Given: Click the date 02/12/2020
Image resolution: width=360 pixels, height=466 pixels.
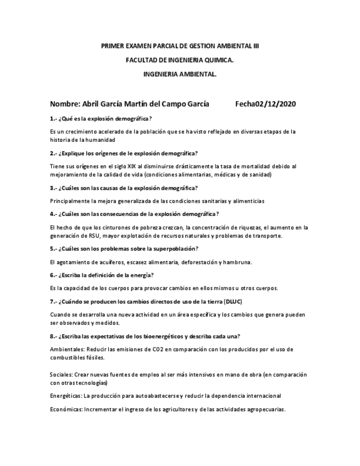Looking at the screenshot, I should click(276, 104).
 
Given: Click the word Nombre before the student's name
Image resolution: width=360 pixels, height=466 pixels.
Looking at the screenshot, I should click(64, 104).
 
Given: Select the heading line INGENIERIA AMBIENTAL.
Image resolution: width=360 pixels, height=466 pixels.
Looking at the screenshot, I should click(180, 73).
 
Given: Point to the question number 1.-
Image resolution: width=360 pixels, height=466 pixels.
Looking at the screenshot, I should click(53, 119).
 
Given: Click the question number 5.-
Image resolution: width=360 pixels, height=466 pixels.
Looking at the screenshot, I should click(53, 249).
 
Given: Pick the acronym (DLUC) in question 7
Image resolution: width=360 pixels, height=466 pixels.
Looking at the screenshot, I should click(234, 302).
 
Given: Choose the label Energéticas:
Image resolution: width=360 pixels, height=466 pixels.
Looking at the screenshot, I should click(65, 396).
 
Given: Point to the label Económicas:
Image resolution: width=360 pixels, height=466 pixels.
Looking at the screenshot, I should click(66, 409).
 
